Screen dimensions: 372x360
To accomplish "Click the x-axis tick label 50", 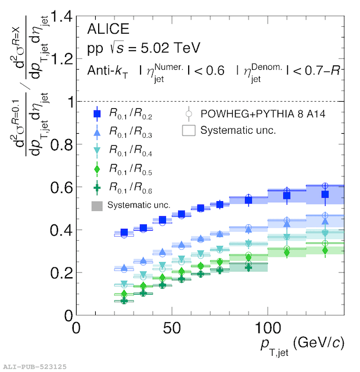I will (172, 327).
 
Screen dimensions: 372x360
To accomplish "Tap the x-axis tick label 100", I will (267, 327).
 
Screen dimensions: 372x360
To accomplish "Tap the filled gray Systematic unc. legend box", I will (98, 205).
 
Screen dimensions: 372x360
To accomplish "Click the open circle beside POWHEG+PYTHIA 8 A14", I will (188, 114).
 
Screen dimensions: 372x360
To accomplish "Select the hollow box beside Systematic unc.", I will (188, 130).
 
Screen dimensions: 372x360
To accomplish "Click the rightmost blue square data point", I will (325, 194).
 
